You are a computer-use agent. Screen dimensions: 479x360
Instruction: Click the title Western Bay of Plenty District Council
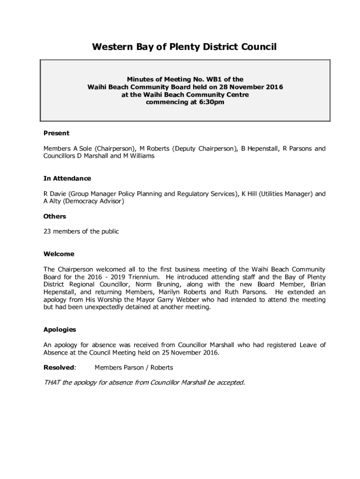tap(184, 47)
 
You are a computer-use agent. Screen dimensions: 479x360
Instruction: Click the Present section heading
tap(56, 133)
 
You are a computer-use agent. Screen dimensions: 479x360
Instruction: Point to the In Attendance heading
tap(67, 178)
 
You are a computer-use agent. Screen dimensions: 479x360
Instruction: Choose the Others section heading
tap(55, 216)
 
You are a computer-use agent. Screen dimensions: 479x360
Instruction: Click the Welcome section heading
tap(58, 254)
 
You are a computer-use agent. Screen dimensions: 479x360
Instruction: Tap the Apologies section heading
tap(59, 329)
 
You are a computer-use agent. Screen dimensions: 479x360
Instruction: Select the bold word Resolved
tap(59, 367)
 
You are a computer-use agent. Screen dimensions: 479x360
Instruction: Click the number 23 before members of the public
tap(47, 231)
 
